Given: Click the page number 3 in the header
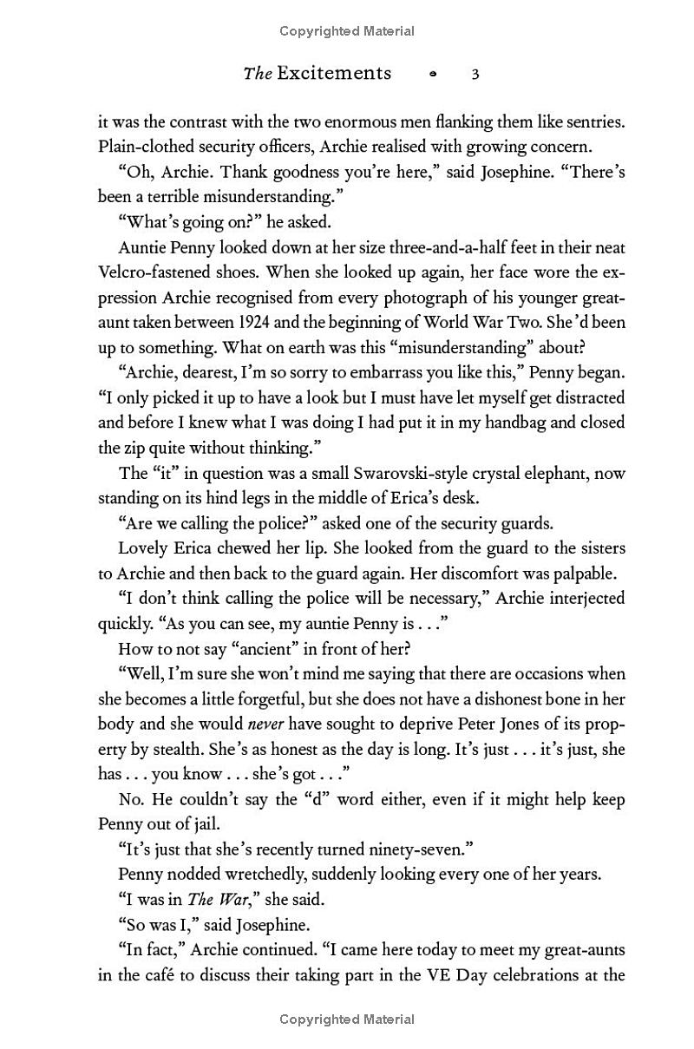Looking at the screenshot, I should (x=475, y=74).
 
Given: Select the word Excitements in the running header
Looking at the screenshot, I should (x=334, y=74).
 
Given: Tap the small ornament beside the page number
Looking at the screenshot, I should (x=433, y=75).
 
